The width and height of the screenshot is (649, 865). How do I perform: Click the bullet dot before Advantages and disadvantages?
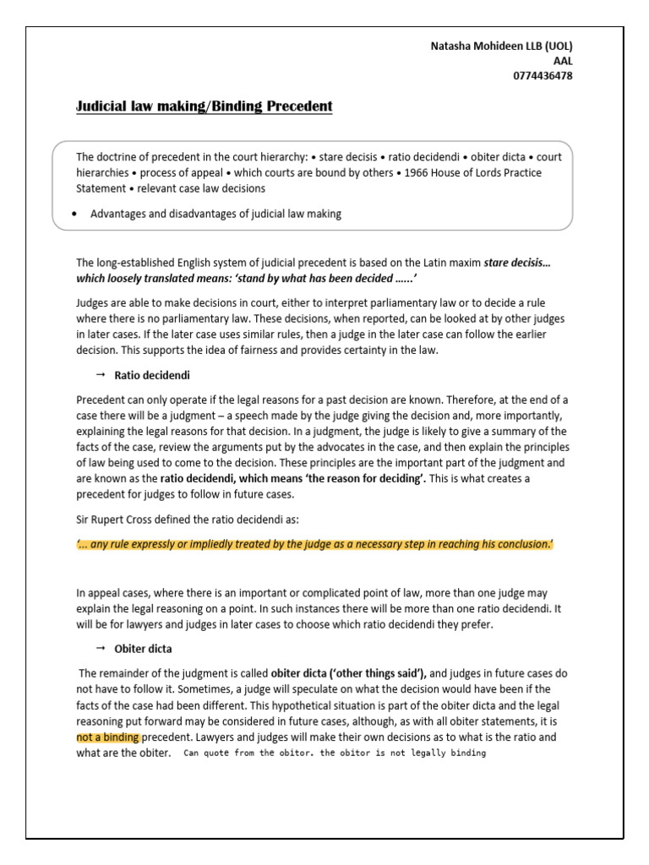(76, 214)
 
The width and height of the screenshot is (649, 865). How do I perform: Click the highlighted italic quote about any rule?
(314, 545)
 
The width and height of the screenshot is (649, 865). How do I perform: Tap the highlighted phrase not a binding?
(106, 737)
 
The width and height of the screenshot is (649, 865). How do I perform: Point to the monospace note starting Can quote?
(334, 753)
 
